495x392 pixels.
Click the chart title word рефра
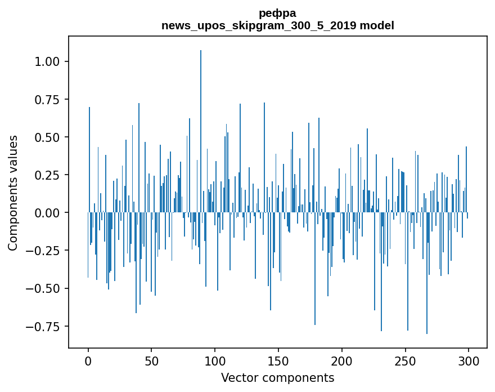(277, 13)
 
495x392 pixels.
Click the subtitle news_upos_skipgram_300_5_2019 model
(277, 25)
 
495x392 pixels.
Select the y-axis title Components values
(13, 193)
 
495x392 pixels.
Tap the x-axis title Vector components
(277, 378)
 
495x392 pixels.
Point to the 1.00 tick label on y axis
(47, 61)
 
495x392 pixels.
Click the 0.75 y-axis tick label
(47, 100)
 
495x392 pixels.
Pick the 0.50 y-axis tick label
(47, 137)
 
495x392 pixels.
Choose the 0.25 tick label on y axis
(47, 175)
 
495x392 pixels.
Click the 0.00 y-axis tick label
(47, 213)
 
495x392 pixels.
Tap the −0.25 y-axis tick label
(44, 251)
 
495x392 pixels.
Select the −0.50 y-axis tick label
(44, 289)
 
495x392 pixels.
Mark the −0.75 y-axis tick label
(44, 327)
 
